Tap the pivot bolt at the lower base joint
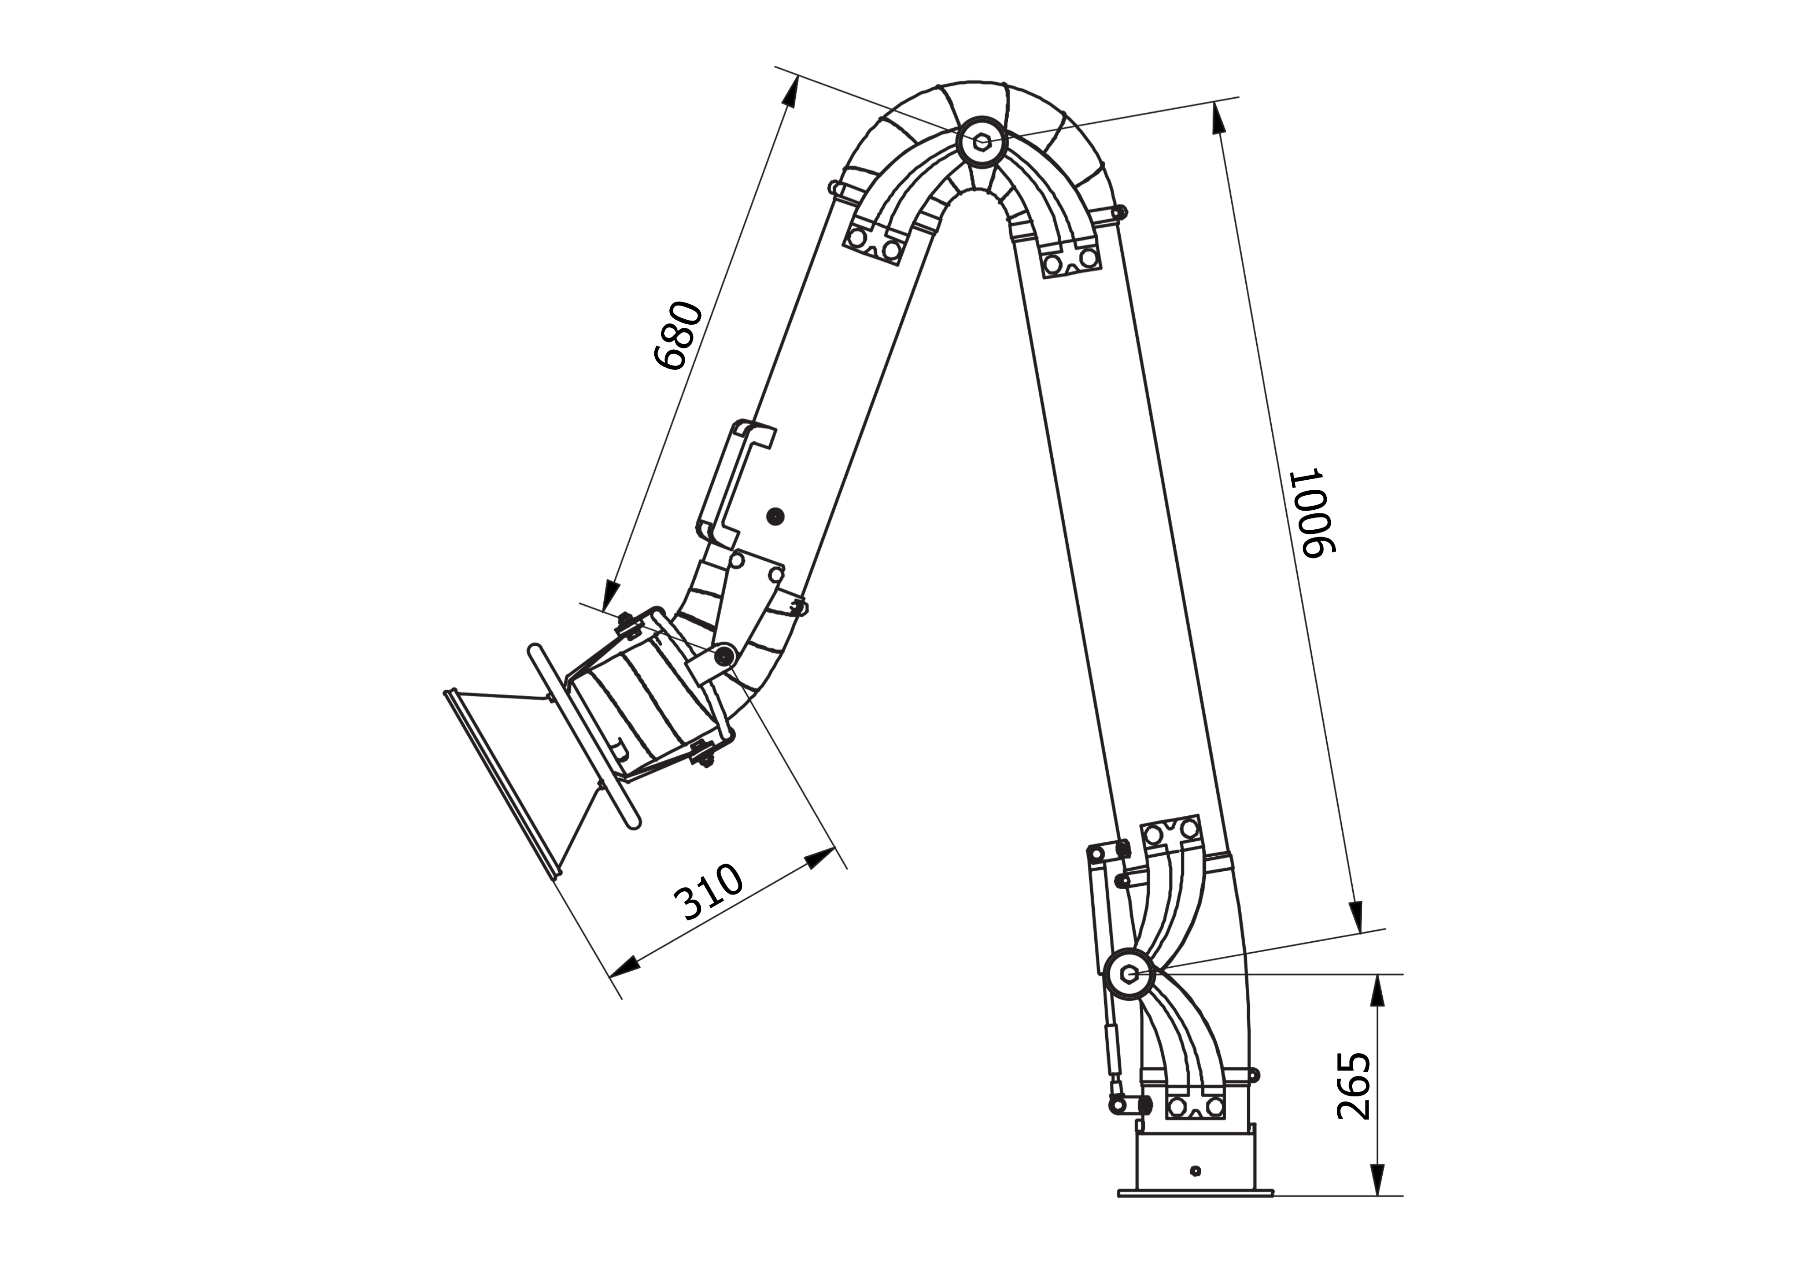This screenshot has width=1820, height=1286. point(1129,974)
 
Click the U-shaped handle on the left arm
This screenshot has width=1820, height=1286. point(733,483)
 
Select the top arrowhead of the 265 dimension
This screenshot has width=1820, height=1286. point(1378,990)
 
